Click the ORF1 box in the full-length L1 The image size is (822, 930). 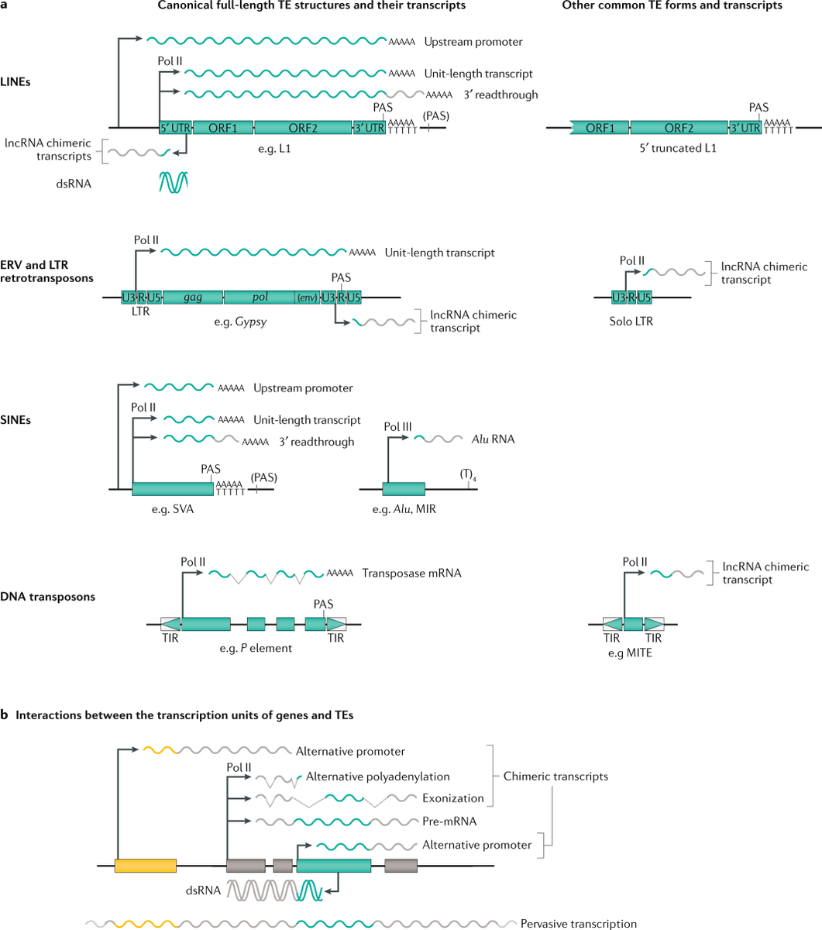point(222,128)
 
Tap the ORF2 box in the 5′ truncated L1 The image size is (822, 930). point(679,128)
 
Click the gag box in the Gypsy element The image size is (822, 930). point(193,297)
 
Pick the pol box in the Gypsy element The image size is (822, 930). point(260,297)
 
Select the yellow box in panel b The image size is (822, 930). point(145,866)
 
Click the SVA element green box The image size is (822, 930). point(173,490)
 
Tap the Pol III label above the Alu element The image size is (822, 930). point(398,426)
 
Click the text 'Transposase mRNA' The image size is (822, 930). point(411,573)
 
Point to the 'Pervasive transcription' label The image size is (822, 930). point(579,923)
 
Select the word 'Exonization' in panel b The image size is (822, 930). point(453,798)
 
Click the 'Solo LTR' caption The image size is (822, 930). point(631,320)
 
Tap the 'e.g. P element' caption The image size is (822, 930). point(256,647)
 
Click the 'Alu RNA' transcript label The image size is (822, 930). point(494,439)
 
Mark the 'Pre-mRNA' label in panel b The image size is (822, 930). point(449,821)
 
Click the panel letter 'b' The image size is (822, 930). point(5,715)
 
